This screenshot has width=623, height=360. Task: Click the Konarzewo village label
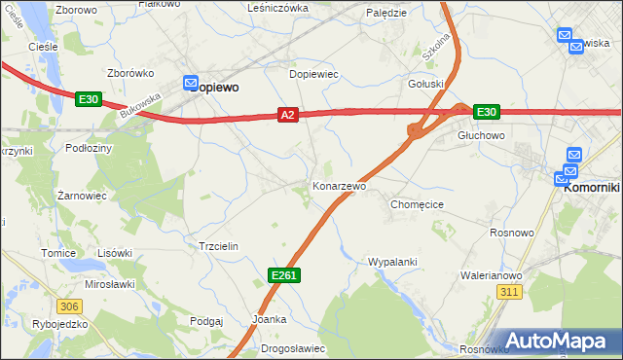point(339,186)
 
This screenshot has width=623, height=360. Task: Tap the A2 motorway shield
point(286,115)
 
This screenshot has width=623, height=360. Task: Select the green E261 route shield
point(283,276)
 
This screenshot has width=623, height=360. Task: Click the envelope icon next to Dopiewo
point(191,85)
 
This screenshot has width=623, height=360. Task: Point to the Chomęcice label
point(417,205)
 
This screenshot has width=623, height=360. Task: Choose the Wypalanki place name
point(392,262)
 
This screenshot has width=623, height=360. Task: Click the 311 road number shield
point(508,291)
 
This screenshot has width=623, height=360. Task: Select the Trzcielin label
point(218,247)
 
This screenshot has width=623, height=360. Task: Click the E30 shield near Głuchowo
point(487,112)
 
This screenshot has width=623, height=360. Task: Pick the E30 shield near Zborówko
point(88,98)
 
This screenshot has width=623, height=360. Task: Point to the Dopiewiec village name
point(313,74)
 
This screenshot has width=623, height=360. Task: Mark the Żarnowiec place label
point(81,196)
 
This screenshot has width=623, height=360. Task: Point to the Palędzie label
point(386,13)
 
